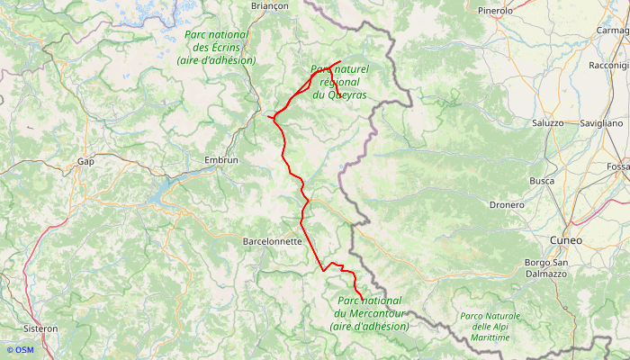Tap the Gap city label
pyautogui.click(x=85, y=162)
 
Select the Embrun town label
pyautogui.click(x=221, y=160)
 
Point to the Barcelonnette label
pyautogui.click(x=273, y=242)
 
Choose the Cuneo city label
pyautogui.click(x=565, y=241)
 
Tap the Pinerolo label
pyautogui.click(x=495, y=11)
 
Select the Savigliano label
pyautogui.click(x=601, y=122)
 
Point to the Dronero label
pyautogui.click(x=507, y=205)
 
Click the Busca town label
pyautogui.click(x=542, y=181)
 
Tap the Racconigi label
pyautogui.click(x=608, y=66)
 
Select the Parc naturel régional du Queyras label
pyautogui.click(x=339, y=81)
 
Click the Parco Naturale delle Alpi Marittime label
pyautogui.click(x=490, y=327)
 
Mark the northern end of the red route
pyautogui.click(x=339, y=61)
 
